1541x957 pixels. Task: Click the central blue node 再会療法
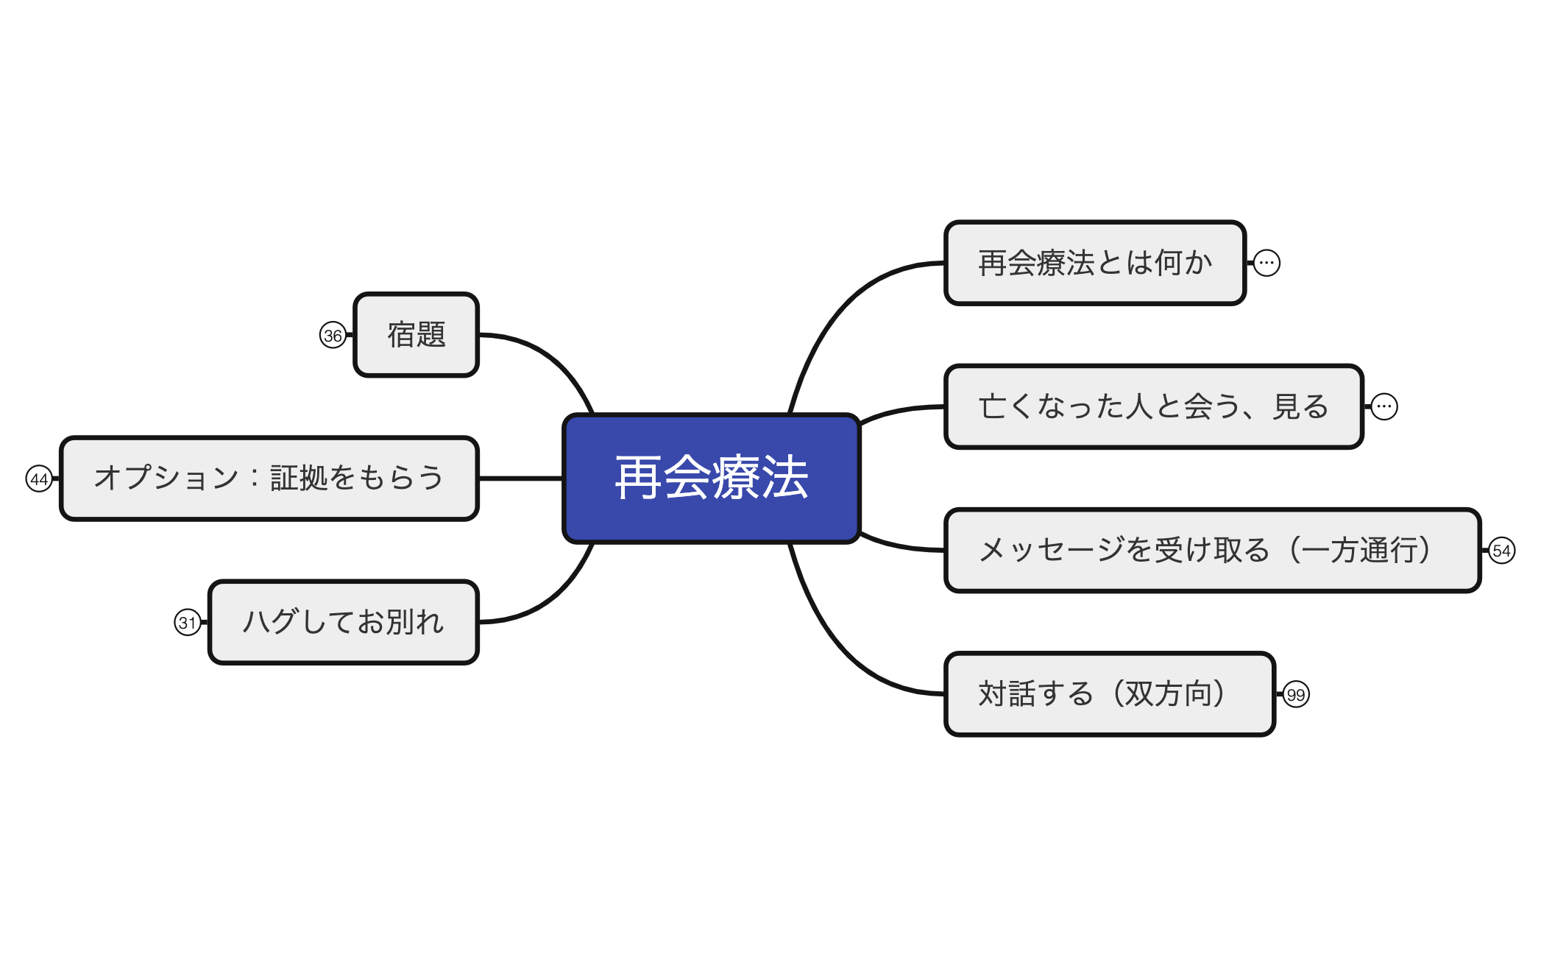point(711,478)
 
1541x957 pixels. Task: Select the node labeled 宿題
point(417,335)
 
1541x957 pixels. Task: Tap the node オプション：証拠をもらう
point(269,478)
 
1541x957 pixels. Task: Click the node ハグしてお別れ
point(344,622)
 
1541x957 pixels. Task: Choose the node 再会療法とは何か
point(1095,263)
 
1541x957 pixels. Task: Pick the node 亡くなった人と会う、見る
point(1154,406)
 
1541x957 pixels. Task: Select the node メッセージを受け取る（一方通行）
point(1212,550)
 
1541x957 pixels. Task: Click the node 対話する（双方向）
point(1110,693)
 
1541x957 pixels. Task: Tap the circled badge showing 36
point(333,336)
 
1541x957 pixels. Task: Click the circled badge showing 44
point(39,479)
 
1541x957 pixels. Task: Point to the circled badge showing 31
point(188,623)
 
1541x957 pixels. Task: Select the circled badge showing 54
point(1501,551)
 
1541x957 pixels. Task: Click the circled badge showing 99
point(1296,694)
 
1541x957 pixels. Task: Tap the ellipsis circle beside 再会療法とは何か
point(1267,263)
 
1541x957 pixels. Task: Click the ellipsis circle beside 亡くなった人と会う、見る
point(1384,406)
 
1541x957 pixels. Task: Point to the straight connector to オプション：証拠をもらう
point(521,478)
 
